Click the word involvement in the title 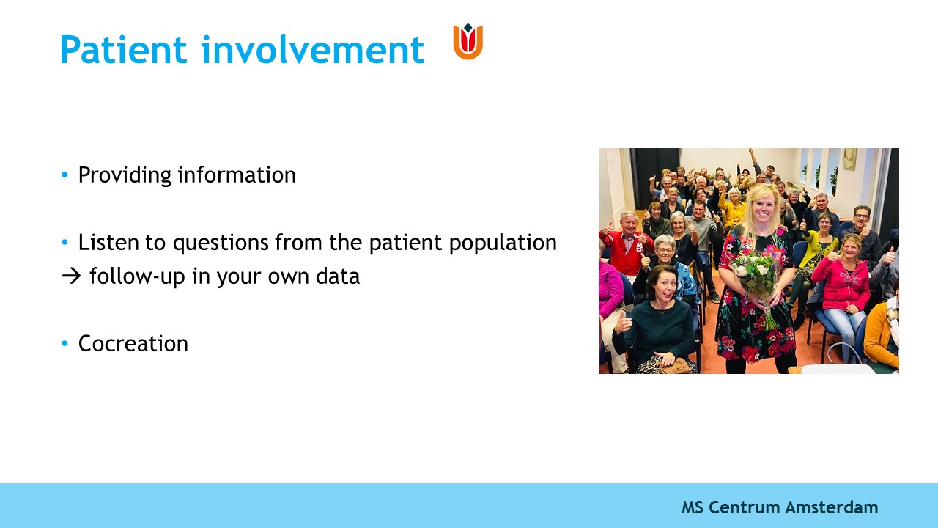[313, 49]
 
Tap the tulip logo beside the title [468, 42]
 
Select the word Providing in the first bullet [125, 175]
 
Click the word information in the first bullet [237, 175]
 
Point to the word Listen [108, 242]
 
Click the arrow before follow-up [71, 276]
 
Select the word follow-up [137, 277]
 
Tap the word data [338, 276]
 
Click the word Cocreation [133, 344]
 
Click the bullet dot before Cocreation [64, 344]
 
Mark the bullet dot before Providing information [64, 175]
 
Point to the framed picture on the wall [849, 159]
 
